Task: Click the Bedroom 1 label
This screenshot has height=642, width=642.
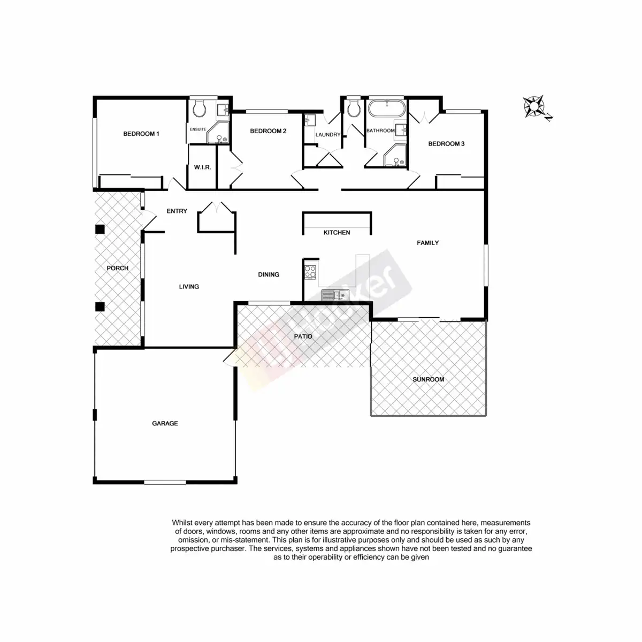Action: point(141,134)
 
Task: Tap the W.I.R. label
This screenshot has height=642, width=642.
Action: point(202,167)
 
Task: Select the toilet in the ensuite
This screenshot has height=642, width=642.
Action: point(200,110)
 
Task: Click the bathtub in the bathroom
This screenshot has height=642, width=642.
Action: point(387,109)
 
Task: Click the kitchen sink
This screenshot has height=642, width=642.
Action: point(335,294)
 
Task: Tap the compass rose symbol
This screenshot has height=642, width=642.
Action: point(534,106)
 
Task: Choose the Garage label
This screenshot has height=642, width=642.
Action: point(165,423)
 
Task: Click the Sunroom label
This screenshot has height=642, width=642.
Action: point(428,379)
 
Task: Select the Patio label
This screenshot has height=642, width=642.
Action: point(303,337)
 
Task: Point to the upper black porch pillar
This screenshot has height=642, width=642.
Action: point(100,230)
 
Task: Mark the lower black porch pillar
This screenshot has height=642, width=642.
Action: point(100,307)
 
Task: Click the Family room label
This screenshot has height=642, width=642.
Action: point(427,243)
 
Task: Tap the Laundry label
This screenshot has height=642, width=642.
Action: point(327,135)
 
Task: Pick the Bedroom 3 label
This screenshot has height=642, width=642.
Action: point(446,143)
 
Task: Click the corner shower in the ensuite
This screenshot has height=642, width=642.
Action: point(219,134)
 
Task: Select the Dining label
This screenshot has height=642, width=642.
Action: point(269,274)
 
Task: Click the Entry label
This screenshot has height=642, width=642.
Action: point(177,211)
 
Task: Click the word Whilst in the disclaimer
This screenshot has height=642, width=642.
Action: point(182,522)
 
